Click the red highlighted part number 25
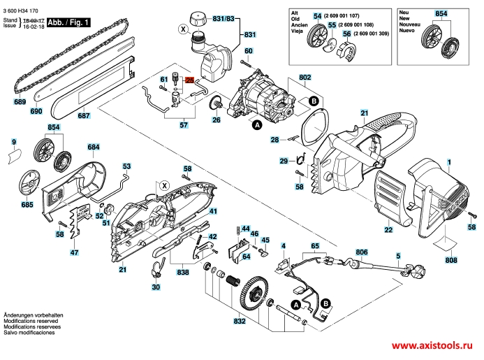(x=189, y=80)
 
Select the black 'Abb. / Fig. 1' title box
(x=68, y=22)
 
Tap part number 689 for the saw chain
(x=20, y=101)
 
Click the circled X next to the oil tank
(x=184, y=29)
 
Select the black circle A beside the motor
(x=257, y=125)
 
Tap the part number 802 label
(x=305, y=78)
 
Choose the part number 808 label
(x=451, y=260)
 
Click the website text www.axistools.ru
(x=432, y=345)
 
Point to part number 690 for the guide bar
(x=36, y=111)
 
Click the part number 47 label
(x=74, y=252)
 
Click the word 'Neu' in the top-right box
(x=404, y=13)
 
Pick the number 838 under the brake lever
(x=183, y=272)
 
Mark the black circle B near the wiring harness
(x=325, y=304)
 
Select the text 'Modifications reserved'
(x=31, y=321)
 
